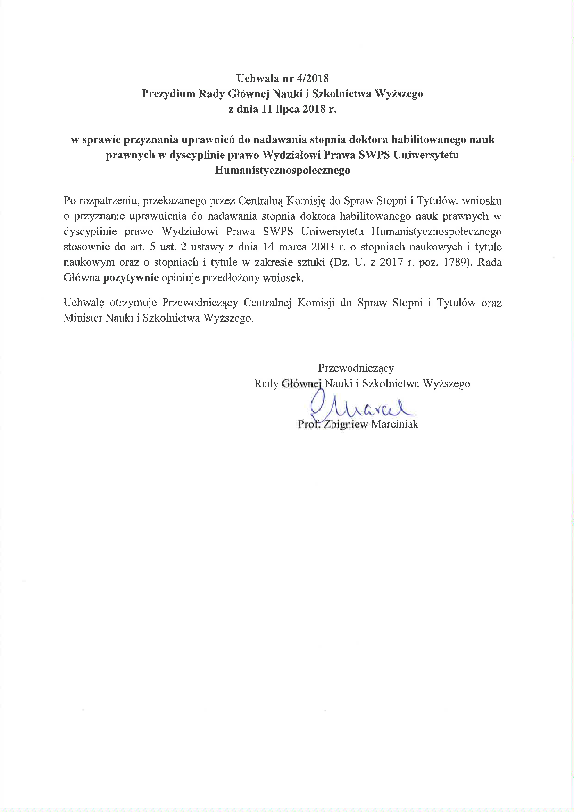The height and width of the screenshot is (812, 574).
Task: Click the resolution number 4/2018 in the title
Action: pyautogui.click(x=314, y=78)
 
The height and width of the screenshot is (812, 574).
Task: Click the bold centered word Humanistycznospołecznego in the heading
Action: pyautogui.click(x=282, y=171)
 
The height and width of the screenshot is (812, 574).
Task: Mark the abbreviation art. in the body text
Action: pyautogui.click(x=137, y=247)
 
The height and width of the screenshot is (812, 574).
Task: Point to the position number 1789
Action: pyautogui.click(x=455, y=263)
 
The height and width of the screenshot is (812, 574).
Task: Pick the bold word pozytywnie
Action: pyautogui.click(x=131, y=278)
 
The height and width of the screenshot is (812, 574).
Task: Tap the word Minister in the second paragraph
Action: pyautogui.click(x=83, y=318)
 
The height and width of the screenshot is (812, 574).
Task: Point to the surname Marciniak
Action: pyautogui.click(x=395, y=424)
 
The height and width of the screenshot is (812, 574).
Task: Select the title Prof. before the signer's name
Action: pyautogui.click(x=308, y=424)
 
